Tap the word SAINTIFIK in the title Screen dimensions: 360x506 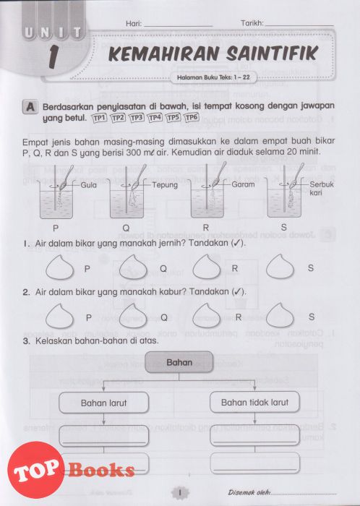(272, 54)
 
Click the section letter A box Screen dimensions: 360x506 (30, 107)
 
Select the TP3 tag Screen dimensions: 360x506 (137, 118)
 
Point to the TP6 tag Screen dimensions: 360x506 (192, 117)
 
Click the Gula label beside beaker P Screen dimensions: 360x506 (88, 185)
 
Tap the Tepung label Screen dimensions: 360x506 (165, 185)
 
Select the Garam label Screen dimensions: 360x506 (243, 184)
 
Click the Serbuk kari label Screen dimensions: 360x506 (321, 189)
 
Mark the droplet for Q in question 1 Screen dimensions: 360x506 (133, 267)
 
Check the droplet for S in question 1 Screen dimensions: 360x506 (280, 267)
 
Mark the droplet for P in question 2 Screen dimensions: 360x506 (60, 316)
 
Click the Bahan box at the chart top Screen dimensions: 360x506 (179, 362)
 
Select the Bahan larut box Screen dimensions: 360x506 (104, 403)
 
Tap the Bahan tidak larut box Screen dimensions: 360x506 (255, 402)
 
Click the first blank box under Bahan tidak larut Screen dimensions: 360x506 (255, 436)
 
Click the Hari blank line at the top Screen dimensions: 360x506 (179, 26)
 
